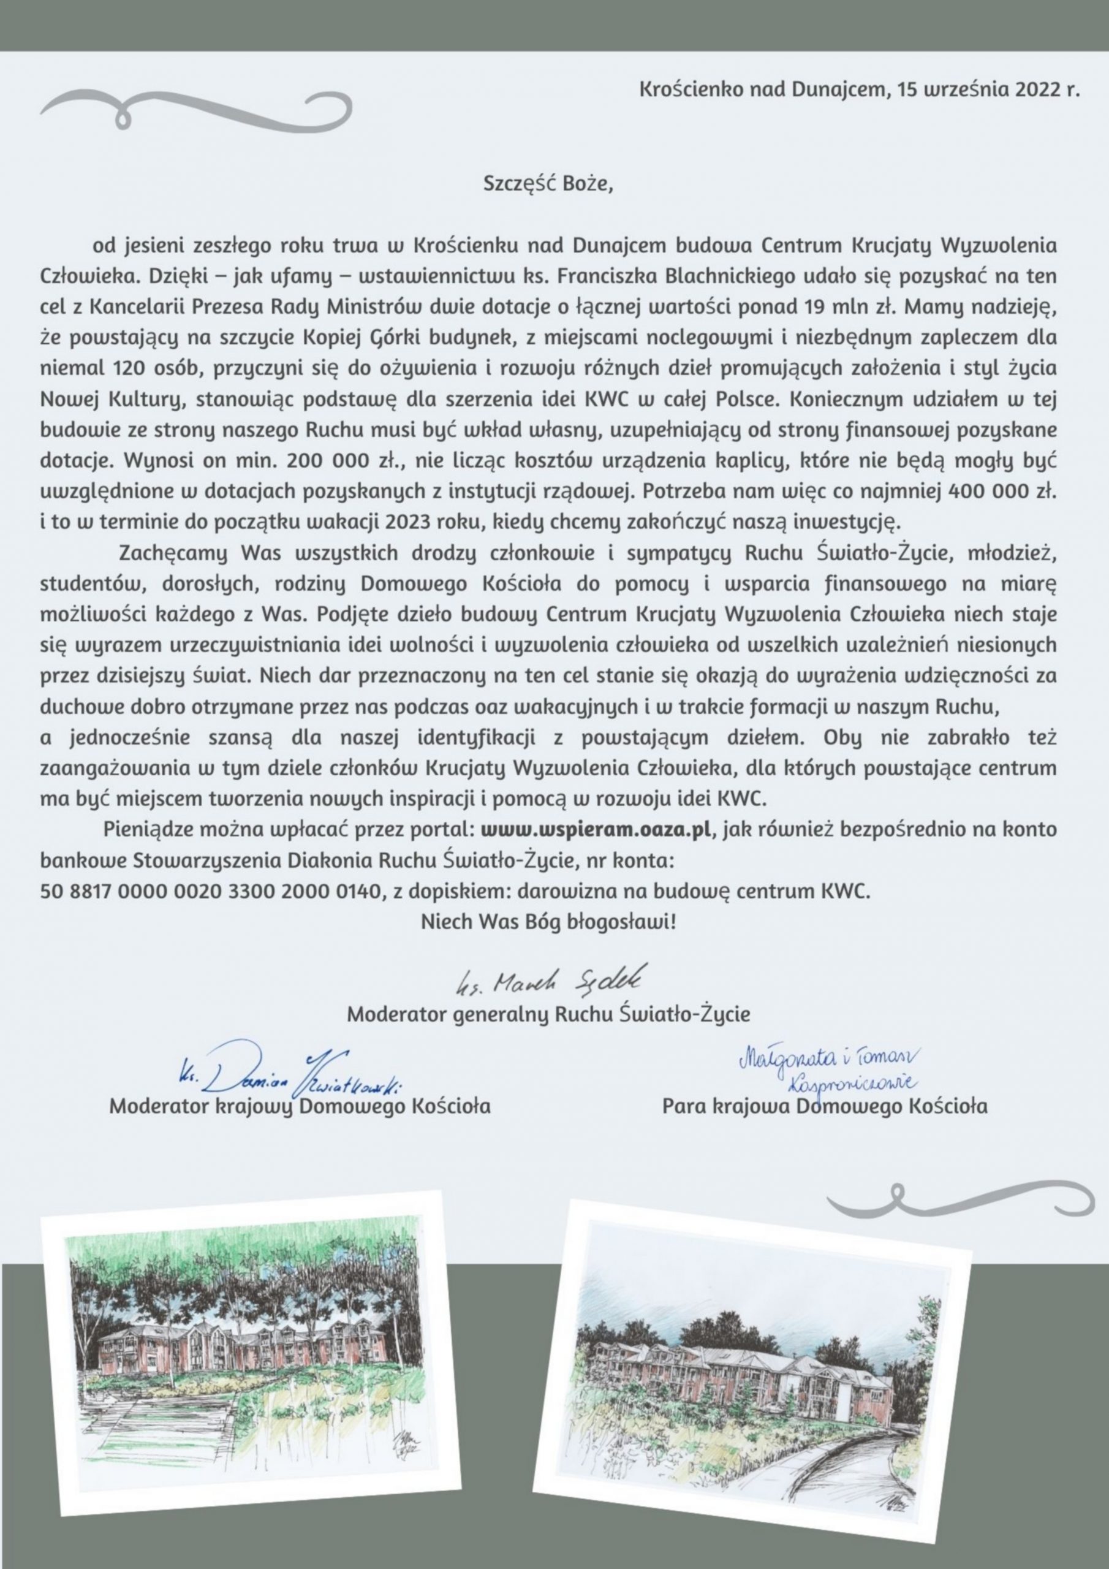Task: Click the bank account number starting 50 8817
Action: tap(210, 892)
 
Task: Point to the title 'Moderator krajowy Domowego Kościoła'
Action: tap(300, 1106)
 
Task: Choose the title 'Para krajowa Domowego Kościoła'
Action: tap(824, 1106)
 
